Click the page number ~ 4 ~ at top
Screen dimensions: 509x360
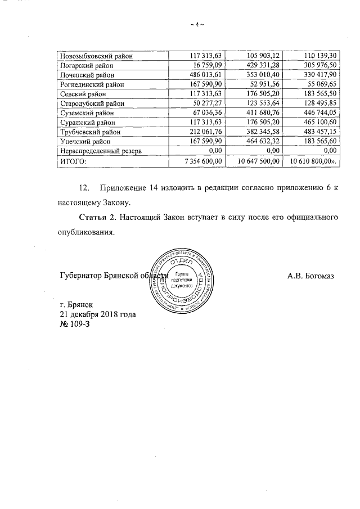point(196,24)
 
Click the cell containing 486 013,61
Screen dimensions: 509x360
point(206,75)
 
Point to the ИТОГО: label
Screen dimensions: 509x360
point(73,161)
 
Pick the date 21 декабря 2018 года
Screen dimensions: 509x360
point(97,314)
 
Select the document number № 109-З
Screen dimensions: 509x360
point(75,325)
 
